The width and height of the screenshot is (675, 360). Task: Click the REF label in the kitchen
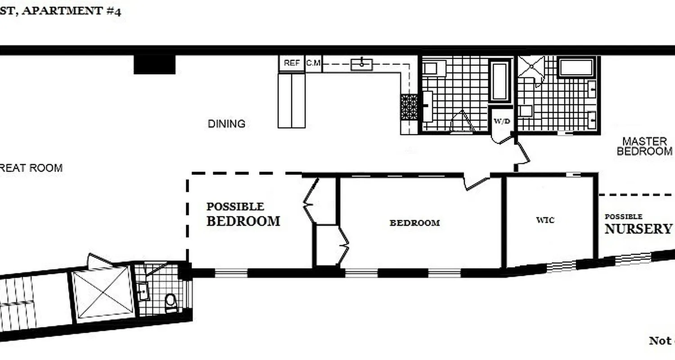tap(292, 63)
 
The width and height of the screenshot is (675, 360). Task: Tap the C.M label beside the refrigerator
tap(314, 63)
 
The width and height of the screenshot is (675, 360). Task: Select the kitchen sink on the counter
tap(362, 64)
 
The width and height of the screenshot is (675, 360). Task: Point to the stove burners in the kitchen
tap(409, 107)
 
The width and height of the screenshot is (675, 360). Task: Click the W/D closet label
tap(502, 121)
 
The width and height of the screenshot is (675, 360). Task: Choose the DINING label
tap(226, 124)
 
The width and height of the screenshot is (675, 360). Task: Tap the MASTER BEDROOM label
tap(644, 146)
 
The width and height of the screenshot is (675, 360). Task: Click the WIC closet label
tap(545, 220)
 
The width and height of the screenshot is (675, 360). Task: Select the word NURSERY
tap(638, 229)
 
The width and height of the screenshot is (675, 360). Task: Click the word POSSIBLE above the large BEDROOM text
tap(235, 207)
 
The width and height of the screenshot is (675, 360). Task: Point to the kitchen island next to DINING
tap(292, 100)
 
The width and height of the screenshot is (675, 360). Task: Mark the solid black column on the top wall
tap(154, 64)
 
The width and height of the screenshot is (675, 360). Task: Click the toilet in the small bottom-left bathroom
tap(171, 302)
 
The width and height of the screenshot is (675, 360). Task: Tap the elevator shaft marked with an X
tap(103, 292)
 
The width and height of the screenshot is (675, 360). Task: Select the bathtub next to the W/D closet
tap(500, 81)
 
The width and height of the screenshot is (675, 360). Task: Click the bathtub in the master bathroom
tap(576, 67)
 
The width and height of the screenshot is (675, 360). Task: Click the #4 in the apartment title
tap(114, 11)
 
